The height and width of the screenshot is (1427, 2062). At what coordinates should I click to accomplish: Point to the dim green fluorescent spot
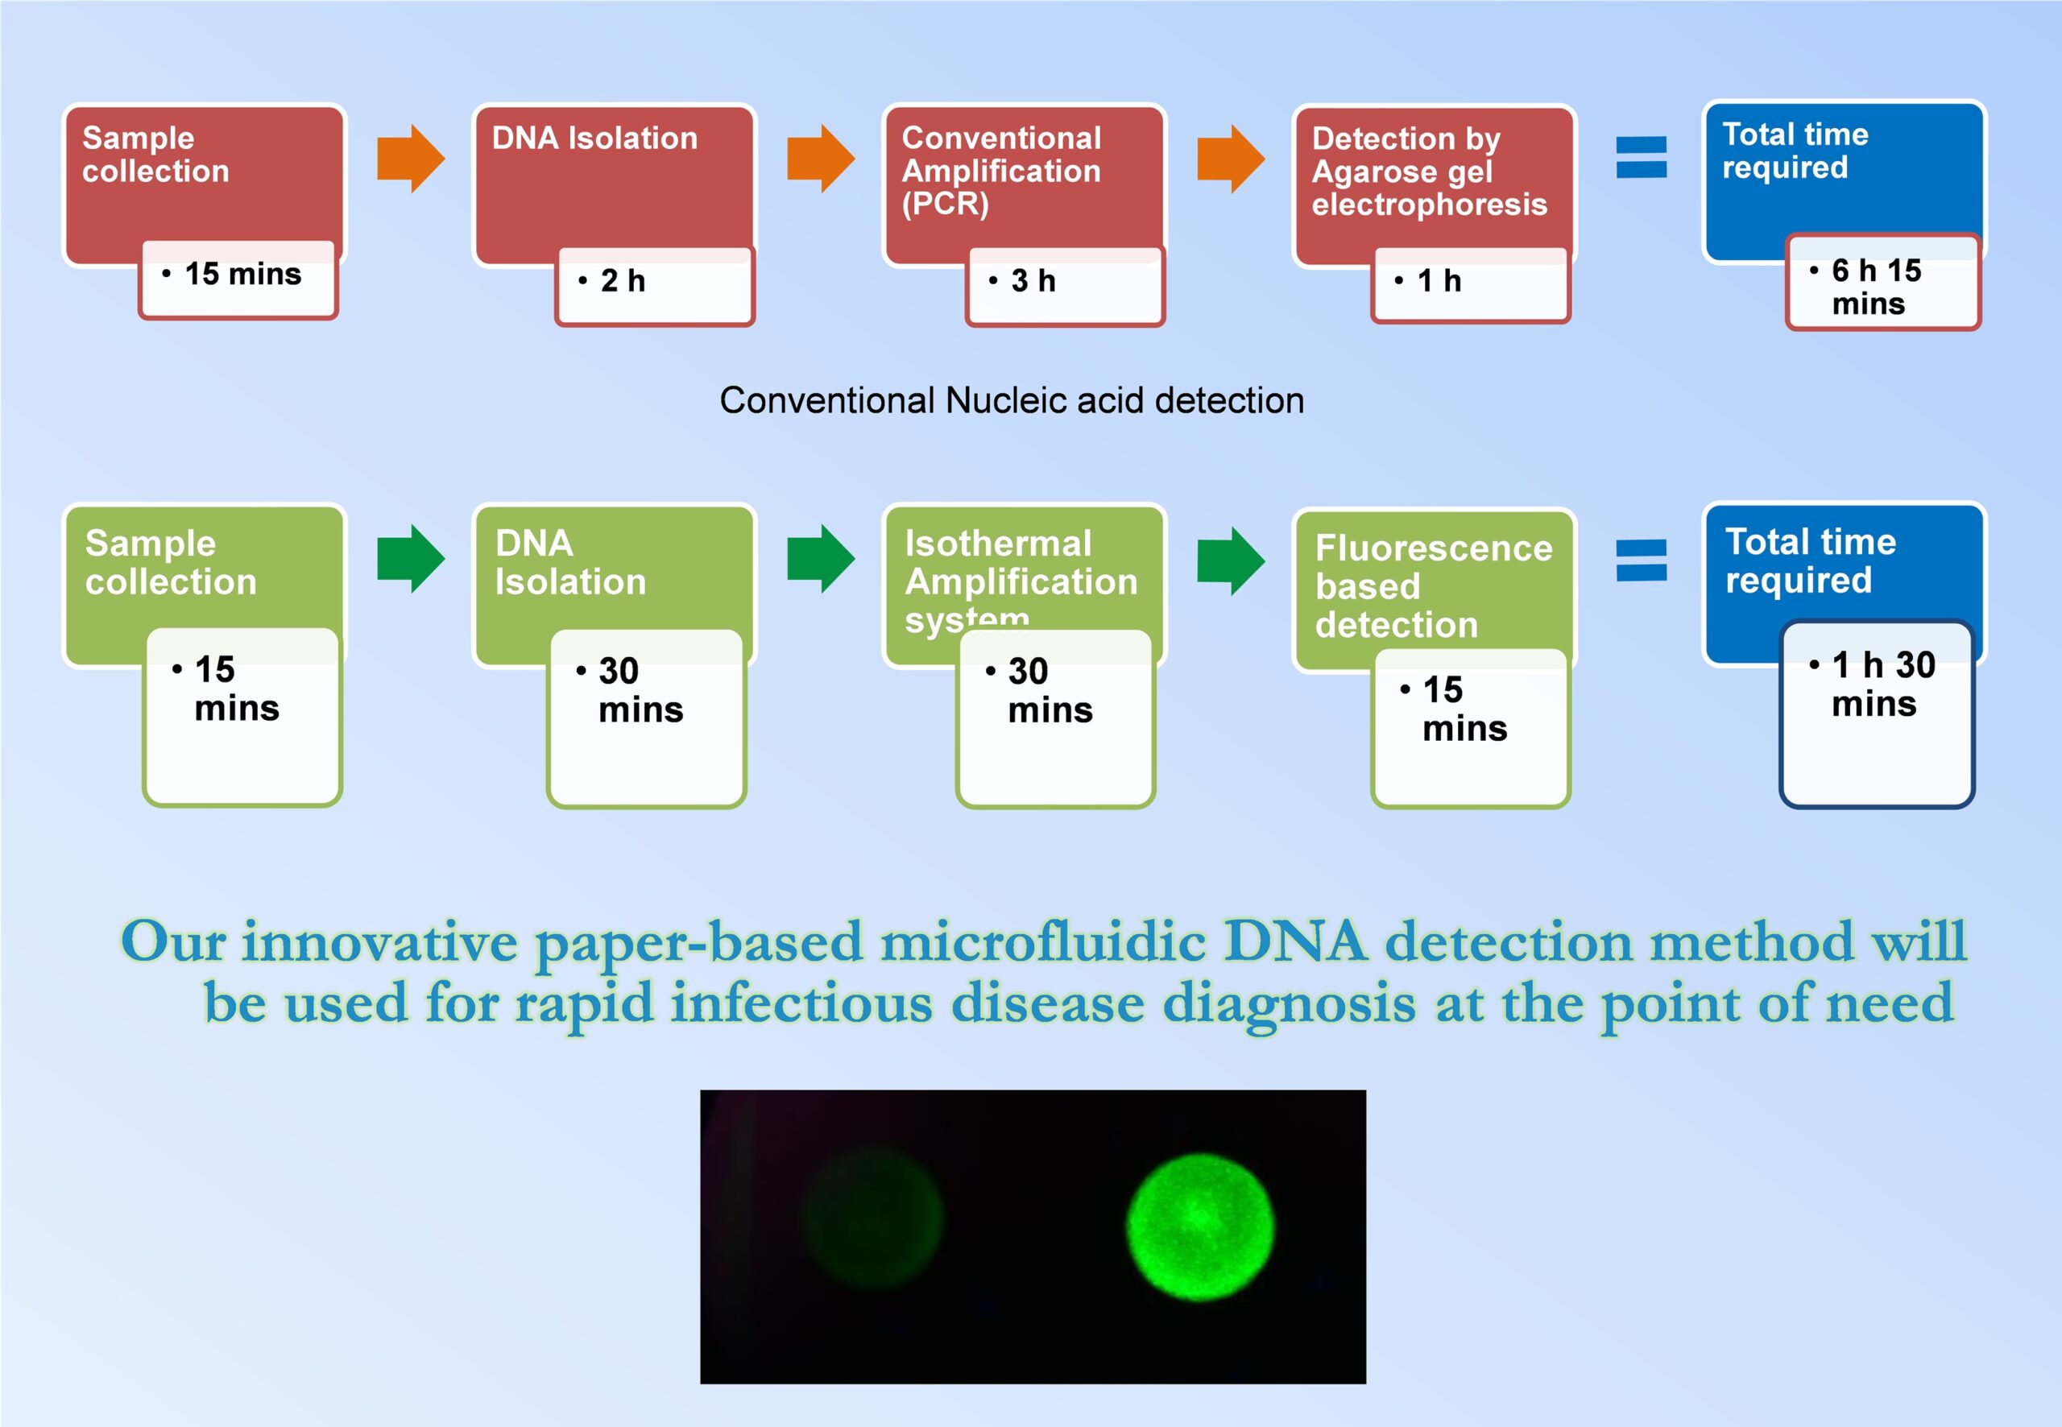pos(874,1218)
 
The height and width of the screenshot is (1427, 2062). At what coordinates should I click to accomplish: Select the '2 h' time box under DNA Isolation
pos(655,286)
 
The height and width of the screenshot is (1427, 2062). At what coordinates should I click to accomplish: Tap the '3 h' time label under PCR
pos(1033,281)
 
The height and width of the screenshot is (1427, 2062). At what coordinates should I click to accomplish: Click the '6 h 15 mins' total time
pos(1876,286)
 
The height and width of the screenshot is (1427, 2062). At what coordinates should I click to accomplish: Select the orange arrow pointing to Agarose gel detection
pos(1231,159)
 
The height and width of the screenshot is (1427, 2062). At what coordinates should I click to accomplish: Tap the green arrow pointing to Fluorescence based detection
pos(1231,560)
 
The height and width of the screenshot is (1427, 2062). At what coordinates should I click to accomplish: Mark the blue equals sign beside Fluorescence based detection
pos(1641,560)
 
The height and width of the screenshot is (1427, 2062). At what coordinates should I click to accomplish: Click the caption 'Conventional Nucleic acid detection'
pos(1012,400)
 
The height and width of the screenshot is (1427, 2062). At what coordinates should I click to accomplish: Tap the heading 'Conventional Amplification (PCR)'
pos(1001,171)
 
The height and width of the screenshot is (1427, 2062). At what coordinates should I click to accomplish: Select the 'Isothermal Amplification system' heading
pos(1021,581)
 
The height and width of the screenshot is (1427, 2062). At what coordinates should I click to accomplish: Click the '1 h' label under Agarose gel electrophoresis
pos(1439,281)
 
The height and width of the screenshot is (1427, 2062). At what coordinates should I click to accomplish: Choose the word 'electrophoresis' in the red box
pos(1429,205)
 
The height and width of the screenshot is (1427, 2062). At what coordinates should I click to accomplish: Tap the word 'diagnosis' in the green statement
pos(1289,1004)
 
